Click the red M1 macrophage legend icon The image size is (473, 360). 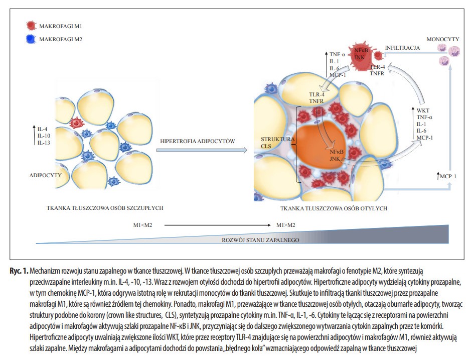coord(31,26)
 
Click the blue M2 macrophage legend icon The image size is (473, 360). coord(31,39)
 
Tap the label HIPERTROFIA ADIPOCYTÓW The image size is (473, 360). coord(197,141)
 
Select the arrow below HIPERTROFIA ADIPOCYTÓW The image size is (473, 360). coord(202,151)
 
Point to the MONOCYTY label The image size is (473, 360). coord(442,39)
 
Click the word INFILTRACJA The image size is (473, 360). coord(402,48)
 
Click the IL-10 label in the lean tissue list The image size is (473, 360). coord(44,136)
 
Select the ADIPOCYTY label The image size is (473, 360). coord(45,175)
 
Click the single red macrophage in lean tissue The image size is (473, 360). coord(77,123)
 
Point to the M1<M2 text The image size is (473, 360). coord(142,225)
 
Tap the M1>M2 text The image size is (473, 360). coord(286,225)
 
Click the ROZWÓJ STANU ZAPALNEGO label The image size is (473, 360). coord(260,240)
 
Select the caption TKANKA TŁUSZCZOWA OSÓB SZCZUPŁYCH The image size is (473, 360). coord(105,208)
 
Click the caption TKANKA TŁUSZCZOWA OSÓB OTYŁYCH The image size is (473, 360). coord(334,208)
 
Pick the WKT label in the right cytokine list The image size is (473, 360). coord(423,110)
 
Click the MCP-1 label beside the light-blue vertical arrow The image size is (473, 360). coord(448,176)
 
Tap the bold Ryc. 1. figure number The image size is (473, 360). coord(19,271)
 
